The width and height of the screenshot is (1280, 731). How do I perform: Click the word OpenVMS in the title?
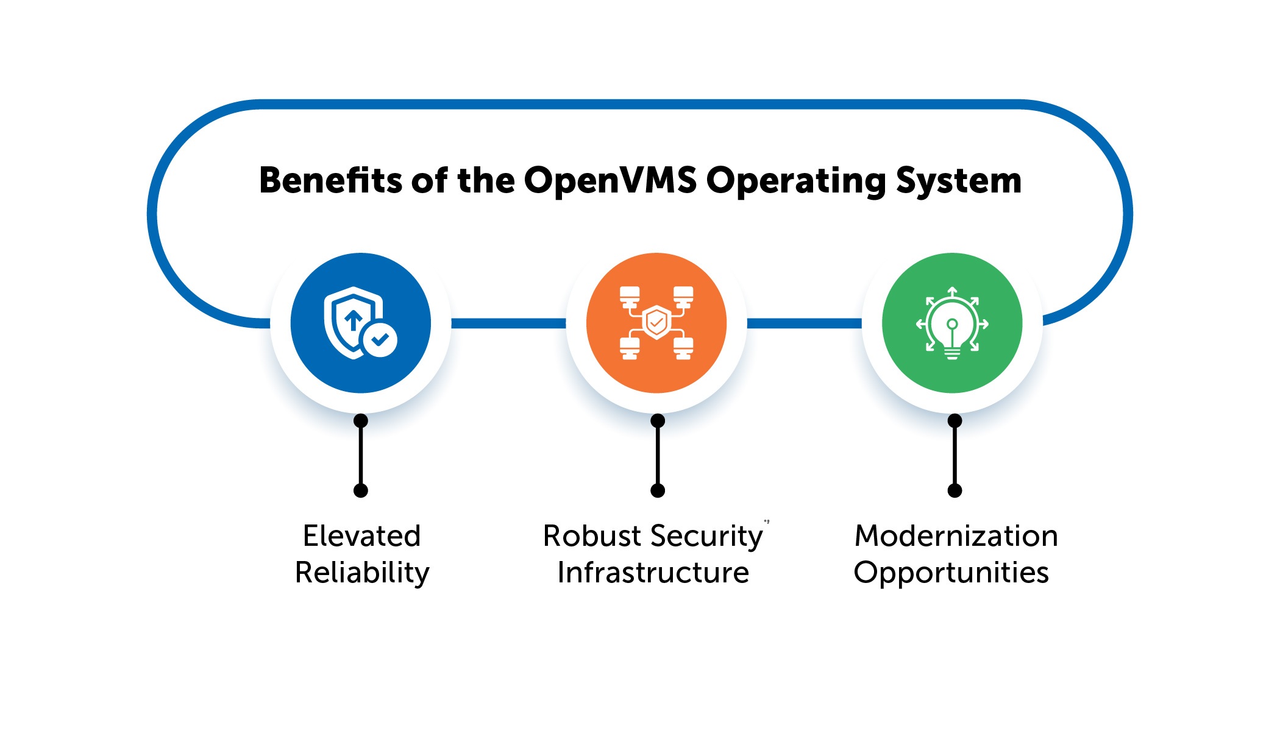(610, 181)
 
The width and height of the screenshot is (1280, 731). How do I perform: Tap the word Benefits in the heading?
(330, 181)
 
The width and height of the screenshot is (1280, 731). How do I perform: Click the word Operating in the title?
(796, 181)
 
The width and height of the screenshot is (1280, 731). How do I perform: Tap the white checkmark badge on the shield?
(380, 339)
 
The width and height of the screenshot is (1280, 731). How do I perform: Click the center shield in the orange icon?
(656, 322)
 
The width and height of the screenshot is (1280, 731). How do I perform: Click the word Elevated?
(361, 536)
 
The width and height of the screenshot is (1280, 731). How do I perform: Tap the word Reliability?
(362, 573)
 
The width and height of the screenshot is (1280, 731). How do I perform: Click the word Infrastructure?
(653, 573)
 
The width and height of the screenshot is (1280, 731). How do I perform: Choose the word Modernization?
(956, 536)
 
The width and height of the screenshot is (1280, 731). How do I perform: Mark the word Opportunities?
(951, 573)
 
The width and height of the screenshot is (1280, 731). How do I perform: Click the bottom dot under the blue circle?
(361, 490)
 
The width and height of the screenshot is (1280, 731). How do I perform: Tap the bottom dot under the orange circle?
(658, 490)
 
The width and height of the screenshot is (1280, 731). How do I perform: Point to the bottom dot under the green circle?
(955, 490)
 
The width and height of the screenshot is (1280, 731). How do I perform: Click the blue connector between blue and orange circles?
(509, 323)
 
